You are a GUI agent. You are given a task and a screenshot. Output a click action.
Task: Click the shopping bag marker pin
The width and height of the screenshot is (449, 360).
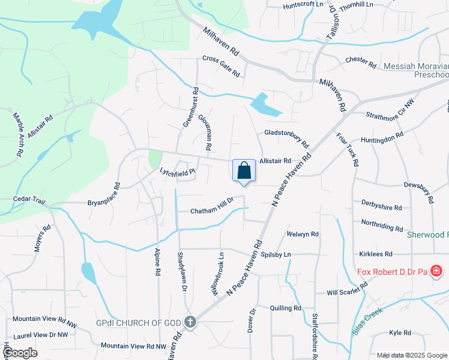pos(244,170)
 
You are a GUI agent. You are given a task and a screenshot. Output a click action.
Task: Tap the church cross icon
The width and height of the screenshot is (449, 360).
pos(190,323)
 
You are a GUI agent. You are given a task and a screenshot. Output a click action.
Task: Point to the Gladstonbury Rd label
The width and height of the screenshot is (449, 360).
pos(286,140)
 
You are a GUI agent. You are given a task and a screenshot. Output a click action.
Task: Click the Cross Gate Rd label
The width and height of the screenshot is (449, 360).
pos(221,67)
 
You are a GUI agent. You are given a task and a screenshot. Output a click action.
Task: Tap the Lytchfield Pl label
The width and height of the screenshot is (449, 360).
pos(178,172)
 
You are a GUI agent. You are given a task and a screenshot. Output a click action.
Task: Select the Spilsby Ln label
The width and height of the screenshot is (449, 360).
pos(275,254)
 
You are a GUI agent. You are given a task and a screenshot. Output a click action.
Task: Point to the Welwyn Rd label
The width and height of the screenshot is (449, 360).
pos(303,234)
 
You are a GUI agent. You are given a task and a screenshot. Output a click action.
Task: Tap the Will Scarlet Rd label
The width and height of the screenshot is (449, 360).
pos(346,291)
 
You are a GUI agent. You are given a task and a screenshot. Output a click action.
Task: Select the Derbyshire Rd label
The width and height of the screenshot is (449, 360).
pos(381,205)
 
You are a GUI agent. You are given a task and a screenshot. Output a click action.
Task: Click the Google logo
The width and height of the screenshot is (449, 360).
pos(20,352)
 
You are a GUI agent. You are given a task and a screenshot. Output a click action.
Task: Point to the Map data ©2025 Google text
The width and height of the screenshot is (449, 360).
pos(411,355)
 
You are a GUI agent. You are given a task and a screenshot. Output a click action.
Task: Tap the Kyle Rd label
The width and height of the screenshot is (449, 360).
pos(400,332)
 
